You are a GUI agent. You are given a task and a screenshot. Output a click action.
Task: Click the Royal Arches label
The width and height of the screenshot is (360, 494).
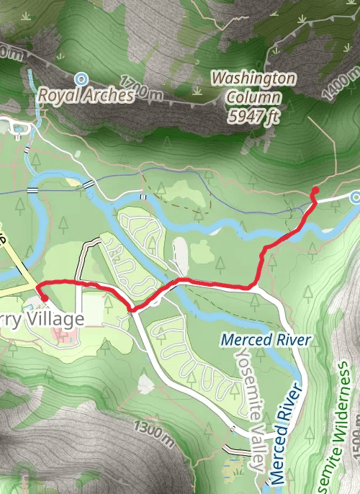point(86,94)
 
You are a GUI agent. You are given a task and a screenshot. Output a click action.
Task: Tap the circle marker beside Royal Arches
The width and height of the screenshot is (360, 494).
point(81,78)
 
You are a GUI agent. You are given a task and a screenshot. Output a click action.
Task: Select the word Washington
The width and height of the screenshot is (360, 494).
point(253,78)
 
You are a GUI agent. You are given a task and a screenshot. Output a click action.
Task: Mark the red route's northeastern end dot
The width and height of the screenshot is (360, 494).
point(315,190)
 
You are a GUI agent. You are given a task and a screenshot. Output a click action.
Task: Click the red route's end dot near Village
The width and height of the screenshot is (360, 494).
point(44,297)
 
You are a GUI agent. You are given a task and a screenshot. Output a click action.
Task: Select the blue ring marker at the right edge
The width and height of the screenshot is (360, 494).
point(355,196)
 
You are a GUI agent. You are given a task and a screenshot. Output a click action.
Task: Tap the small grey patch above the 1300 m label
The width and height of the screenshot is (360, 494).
point(146,385)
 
